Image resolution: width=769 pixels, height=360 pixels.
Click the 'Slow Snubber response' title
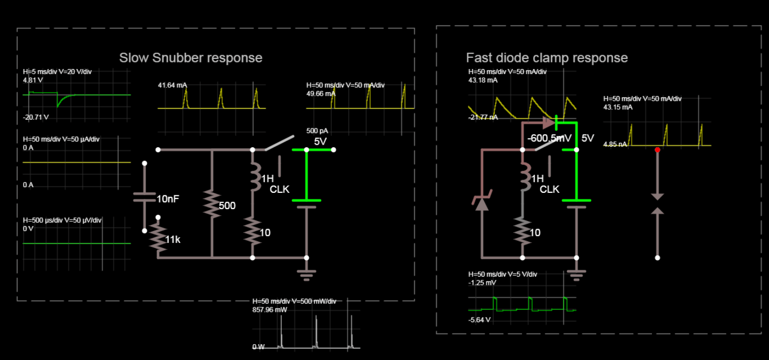191,58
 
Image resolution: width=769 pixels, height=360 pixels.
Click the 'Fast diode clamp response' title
547,58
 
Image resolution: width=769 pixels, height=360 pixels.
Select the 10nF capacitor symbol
145,197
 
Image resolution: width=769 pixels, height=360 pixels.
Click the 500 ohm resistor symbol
212,205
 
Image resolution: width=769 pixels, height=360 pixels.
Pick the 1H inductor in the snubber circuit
253,177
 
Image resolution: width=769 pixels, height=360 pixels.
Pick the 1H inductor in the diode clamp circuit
523,177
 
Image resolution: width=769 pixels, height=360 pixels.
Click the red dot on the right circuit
658,150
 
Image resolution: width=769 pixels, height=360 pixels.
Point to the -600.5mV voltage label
550,139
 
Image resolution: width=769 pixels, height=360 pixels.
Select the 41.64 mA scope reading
172,85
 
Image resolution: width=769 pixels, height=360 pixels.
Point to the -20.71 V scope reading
36,118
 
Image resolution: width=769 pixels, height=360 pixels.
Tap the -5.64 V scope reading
479,320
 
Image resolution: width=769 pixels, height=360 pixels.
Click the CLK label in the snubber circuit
280,189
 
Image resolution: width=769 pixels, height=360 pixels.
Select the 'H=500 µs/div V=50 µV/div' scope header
62,220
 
